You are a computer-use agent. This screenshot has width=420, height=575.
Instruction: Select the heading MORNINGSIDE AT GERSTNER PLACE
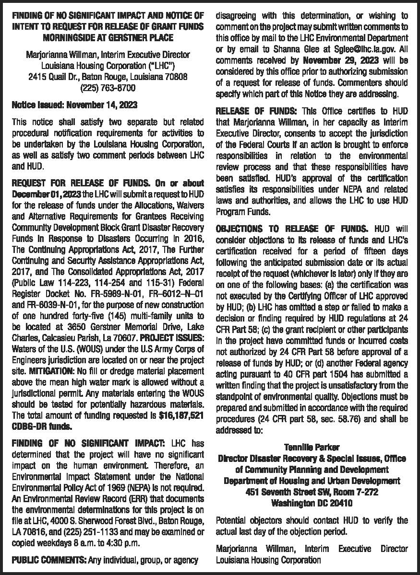click(x=108, y=36)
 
